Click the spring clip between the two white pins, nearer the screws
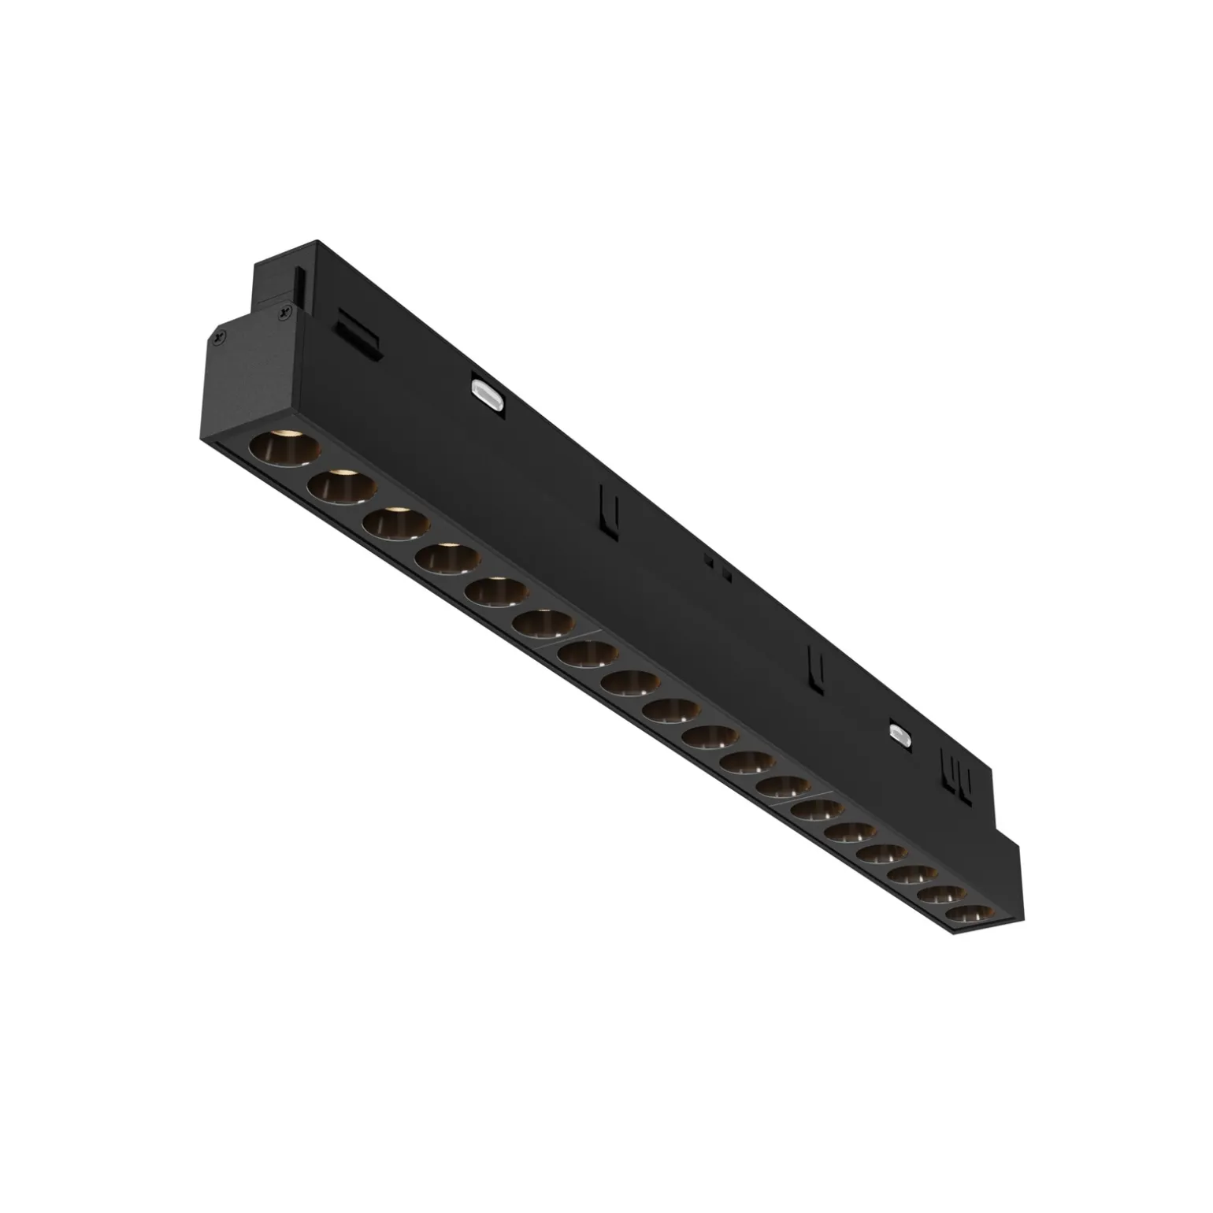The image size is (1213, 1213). (x=606, y=509)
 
